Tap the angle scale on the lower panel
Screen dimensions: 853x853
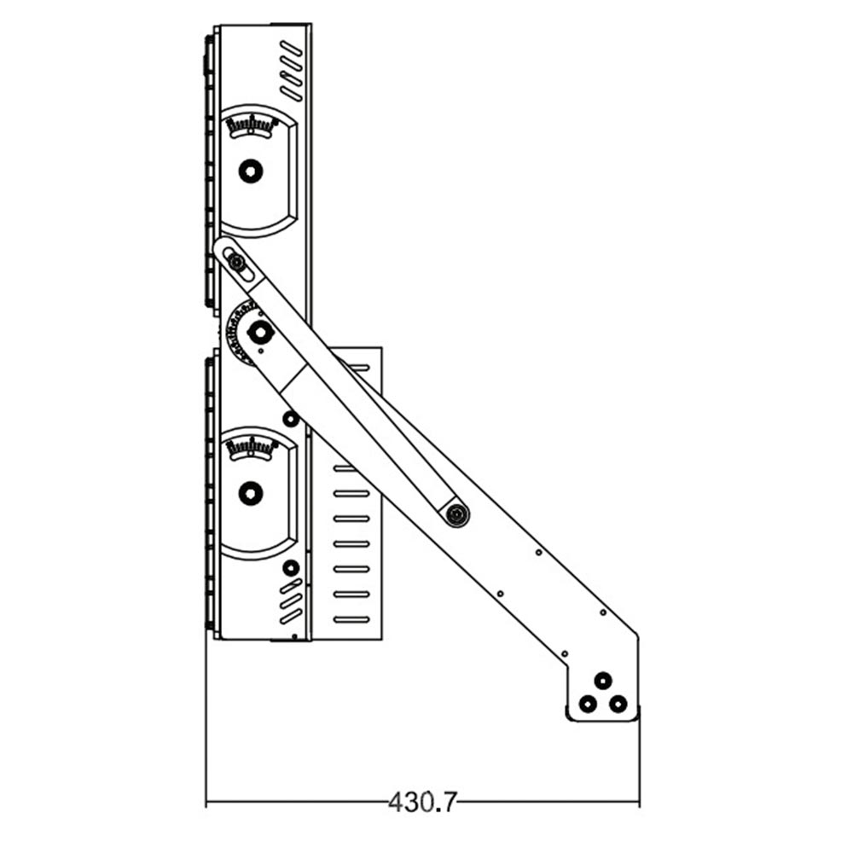click(251, 447)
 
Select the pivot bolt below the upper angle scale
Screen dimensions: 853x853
click(250, 171)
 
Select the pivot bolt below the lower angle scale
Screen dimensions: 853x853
click(250, 492)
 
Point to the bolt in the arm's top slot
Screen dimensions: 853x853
click(235, 264)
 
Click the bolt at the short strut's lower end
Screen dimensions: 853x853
click(457, 514)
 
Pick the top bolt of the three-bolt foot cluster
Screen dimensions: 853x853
click(603, 680)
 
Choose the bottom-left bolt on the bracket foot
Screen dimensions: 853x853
click(587, 705)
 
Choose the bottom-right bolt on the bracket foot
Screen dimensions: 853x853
click(619, 705)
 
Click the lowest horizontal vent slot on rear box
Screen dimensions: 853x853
click(351, 618)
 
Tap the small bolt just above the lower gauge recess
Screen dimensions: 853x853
click(290, 418)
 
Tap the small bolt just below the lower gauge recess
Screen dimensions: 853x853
click(291, 567)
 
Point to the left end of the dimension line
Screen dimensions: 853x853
click(206, 802)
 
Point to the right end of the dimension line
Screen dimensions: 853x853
click(639, 802)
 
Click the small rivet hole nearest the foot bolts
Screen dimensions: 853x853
click(565, 653)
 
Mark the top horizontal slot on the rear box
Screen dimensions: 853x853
click(358, 368)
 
